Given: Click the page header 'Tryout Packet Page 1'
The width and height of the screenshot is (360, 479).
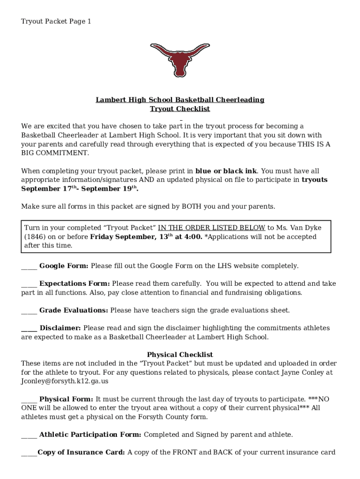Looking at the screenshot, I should click(56, 22).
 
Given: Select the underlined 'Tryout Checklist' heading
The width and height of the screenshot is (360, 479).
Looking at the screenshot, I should click(180, 109).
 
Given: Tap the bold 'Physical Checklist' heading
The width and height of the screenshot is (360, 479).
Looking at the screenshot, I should click(180, 355).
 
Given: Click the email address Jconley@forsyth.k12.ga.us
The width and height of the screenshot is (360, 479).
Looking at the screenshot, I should click(65, 381).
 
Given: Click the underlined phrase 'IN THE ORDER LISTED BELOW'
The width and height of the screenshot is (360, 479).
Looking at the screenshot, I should click(212, 228).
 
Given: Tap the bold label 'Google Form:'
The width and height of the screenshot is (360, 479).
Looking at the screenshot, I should click(64, 266).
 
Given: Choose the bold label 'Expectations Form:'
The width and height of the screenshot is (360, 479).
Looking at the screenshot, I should click(74, 283).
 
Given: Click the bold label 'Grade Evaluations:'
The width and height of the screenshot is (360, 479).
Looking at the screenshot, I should click(73, 310).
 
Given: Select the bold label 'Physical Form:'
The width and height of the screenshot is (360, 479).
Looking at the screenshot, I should click(66, 399).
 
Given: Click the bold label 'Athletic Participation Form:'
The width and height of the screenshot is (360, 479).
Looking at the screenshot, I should click(90, 435).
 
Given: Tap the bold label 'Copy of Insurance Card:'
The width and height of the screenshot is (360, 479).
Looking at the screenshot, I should click(81, 452).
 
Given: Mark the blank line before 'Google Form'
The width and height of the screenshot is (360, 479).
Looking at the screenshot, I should click(29, 267).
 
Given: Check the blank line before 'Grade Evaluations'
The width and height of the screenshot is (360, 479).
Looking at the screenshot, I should click(29, 311).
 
